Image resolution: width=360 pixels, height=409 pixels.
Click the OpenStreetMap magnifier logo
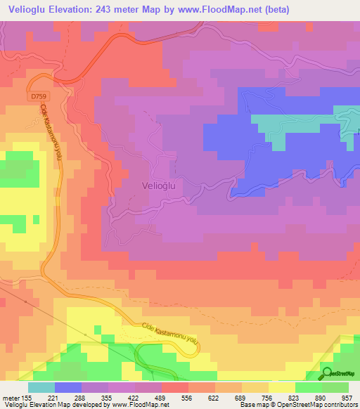tap(327, 374)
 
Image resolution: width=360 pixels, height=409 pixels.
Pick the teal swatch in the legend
tap(41, 387)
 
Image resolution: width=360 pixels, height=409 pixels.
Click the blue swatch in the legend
tap(68, 387)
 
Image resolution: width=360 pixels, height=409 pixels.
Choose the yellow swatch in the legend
tap(281, 387)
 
